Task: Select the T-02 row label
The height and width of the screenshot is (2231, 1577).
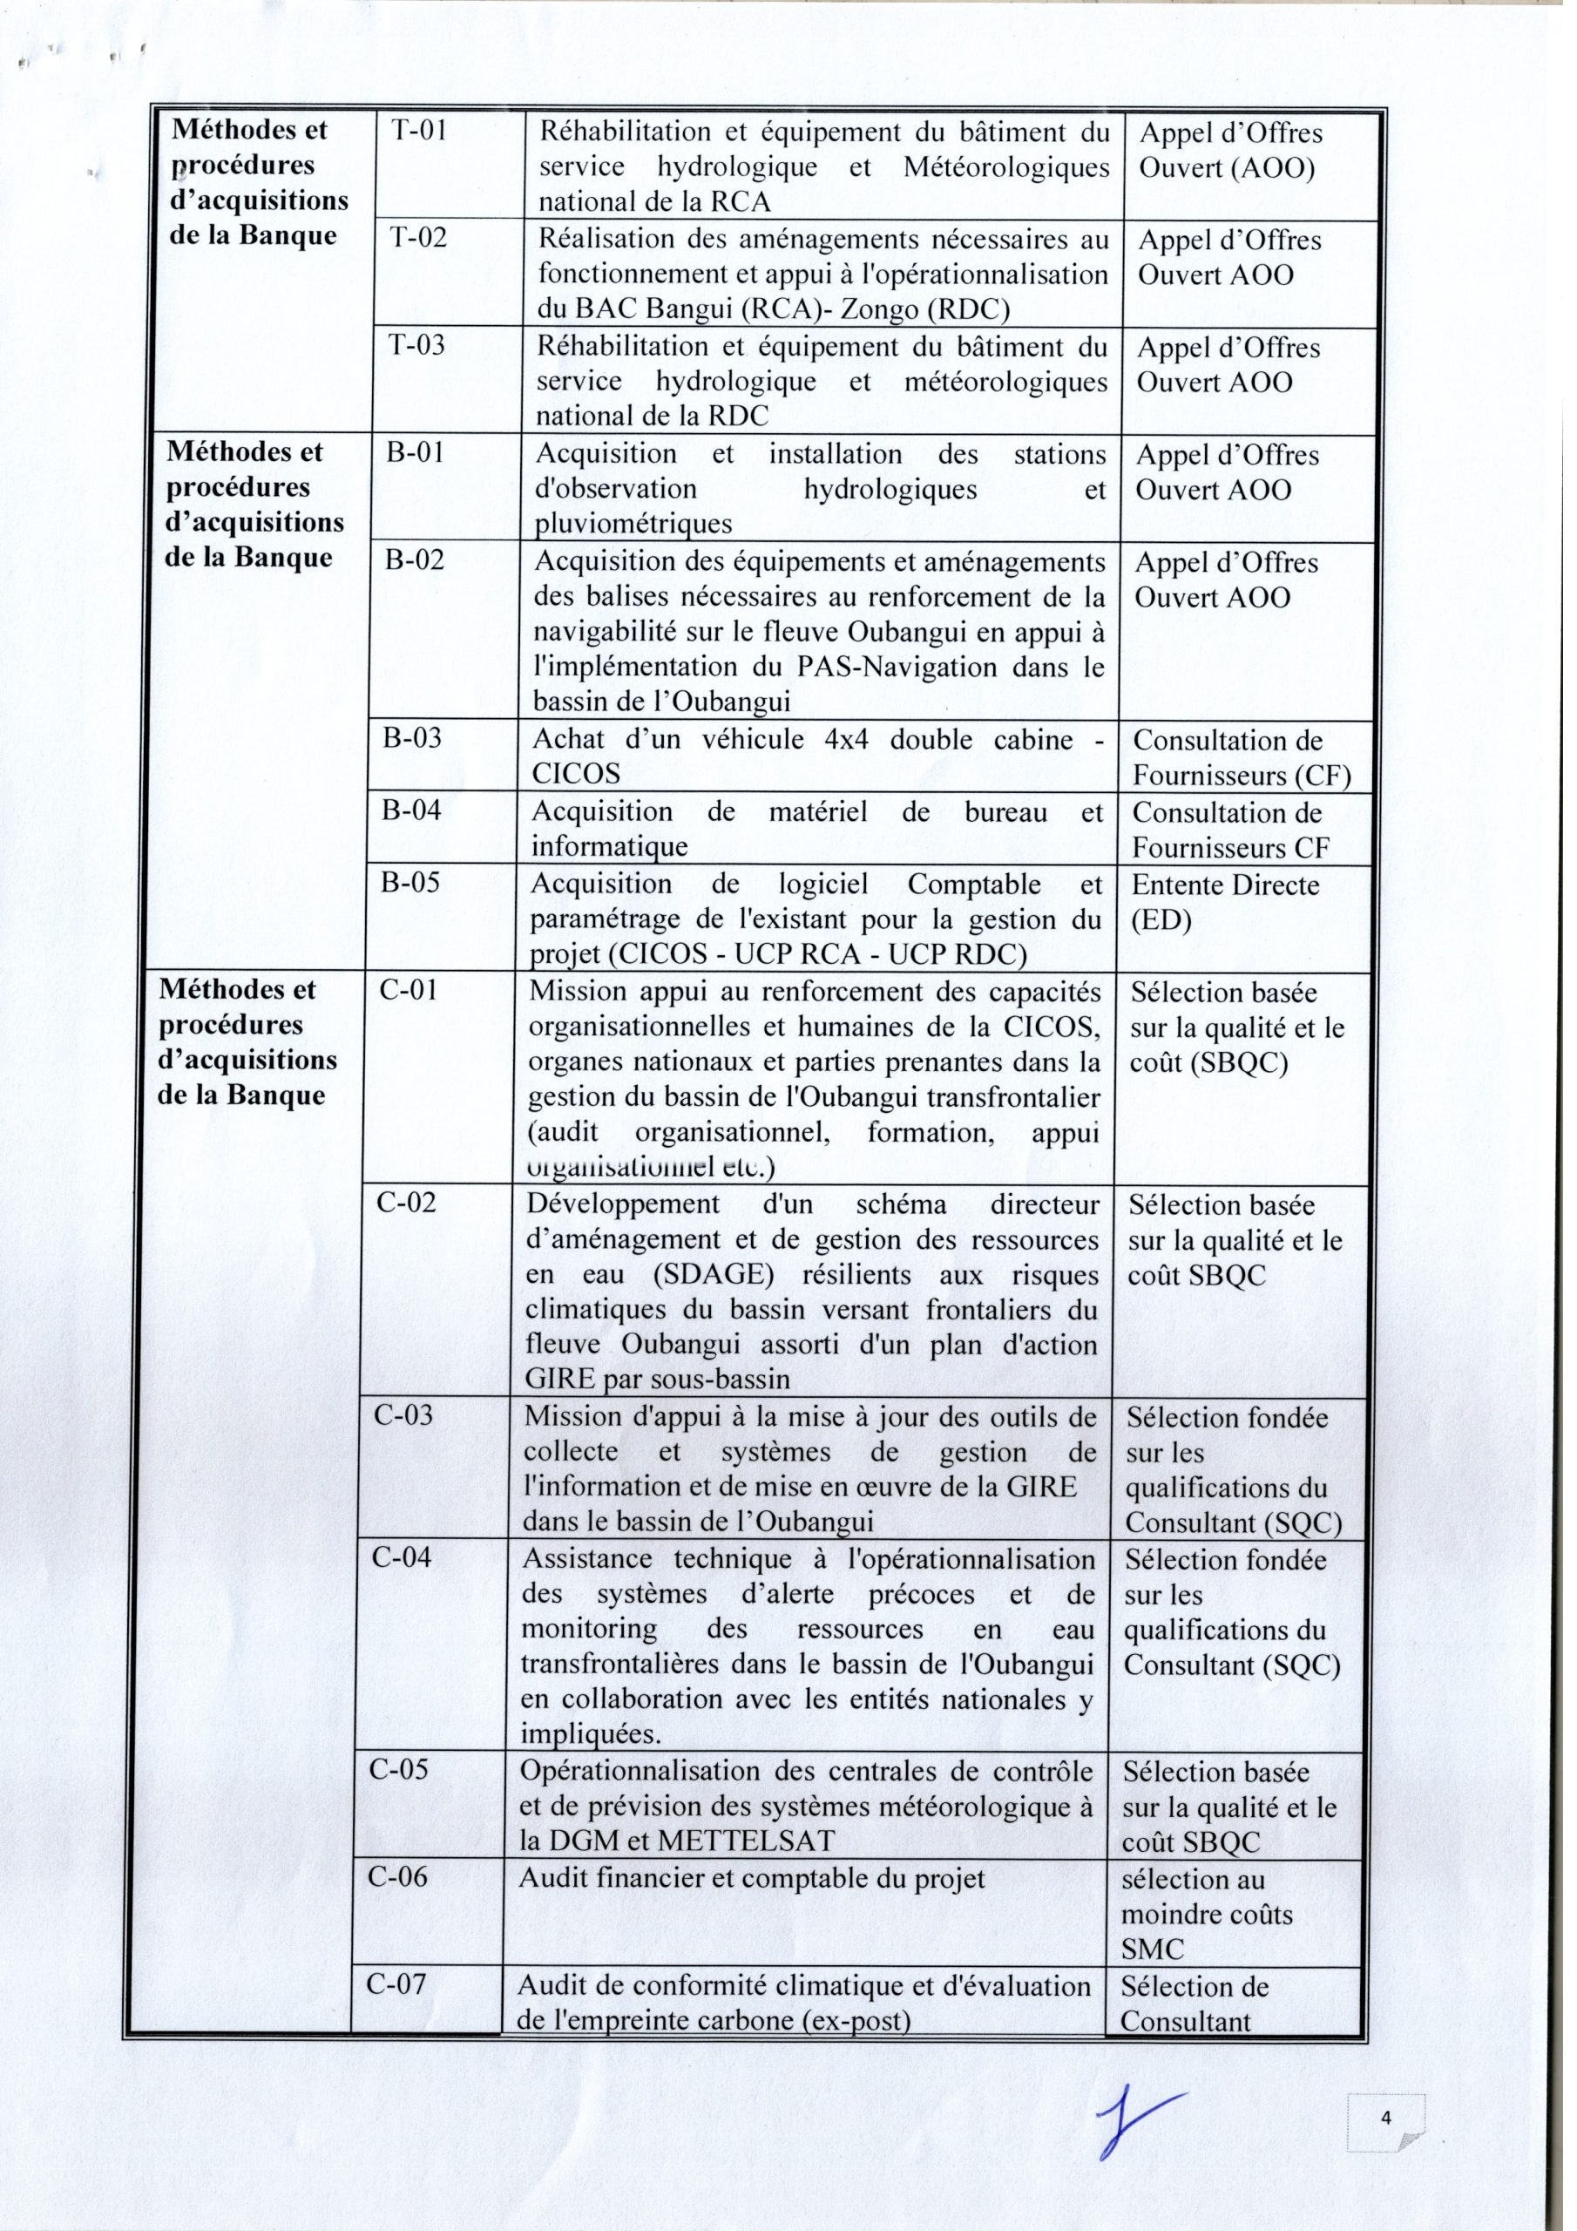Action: tap(418, 238)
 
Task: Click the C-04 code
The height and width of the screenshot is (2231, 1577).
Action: tap(403, 1557)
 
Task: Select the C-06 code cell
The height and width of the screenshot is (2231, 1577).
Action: tap(398, 1876)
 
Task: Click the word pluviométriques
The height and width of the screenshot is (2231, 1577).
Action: tap(633, 525)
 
